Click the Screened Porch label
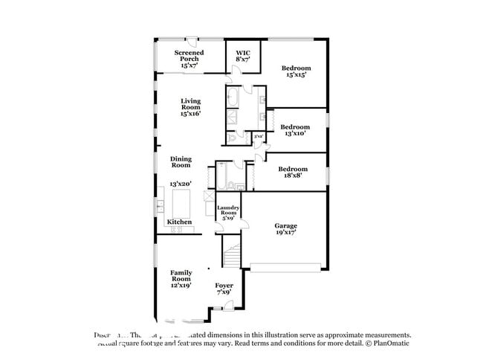click(189, 59)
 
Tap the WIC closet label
click(243, 55)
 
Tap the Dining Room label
click(181, 162)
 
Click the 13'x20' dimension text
click(181, 183)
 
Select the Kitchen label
click(179, 222)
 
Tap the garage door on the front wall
click(287, 266)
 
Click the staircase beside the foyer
click(233, 257)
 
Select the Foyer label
click(224, 289)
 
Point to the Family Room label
click(181, 278)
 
